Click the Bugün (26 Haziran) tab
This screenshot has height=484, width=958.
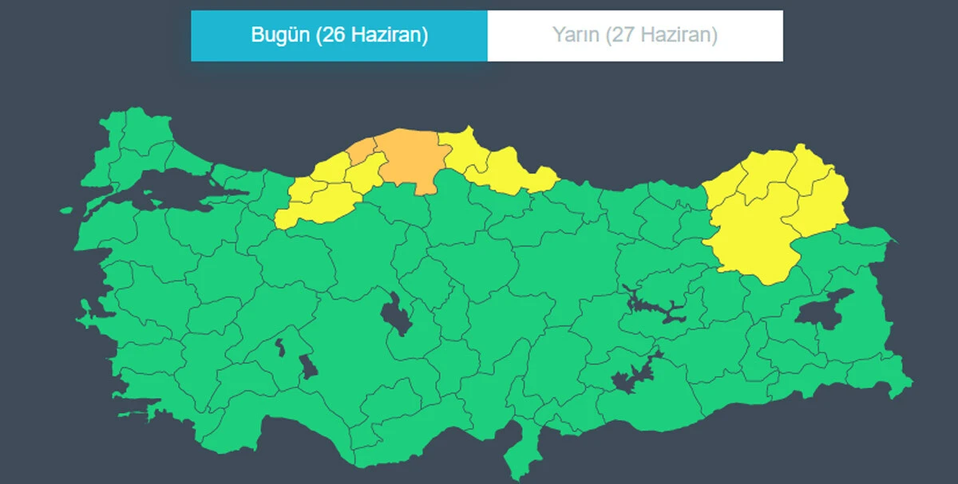pyautogui.click(x=339, y=36)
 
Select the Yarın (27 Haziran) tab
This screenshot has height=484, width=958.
pyautogui.click(x=635, y=36)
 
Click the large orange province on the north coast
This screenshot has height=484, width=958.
pyautogui.click(x=410, y=159)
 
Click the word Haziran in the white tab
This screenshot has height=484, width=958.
pyautogui.click(x=679, y=36)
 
